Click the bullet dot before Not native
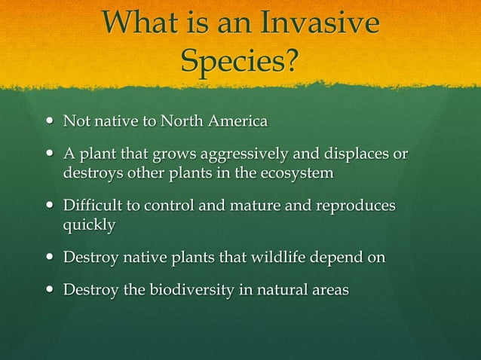(50, 121)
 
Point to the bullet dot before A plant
(50, 155)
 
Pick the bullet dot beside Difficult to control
(50, 206)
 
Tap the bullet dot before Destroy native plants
(50, 258)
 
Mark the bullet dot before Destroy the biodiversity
(50, 290)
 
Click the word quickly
(89, 224)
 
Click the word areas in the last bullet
(329, 290)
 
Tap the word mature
(253, 206)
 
